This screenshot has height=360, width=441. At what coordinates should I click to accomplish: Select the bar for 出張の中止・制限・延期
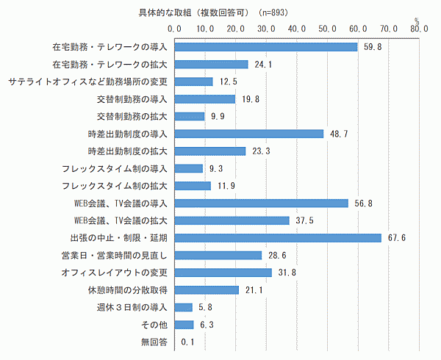click(278, 237)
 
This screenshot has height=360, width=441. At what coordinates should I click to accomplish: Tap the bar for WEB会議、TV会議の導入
click(261, 203)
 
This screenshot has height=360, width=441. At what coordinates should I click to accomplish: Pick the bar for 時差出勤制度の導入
click(249, 134)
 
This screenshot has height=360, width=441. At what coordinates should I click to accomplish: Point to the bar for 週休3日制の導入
click(183, 307)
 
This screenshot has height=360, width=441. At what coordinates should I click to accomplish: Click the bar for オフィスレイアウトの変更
click(223, 273)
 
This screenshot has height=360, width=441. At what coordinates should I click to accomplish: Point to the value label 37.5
click(303, 220)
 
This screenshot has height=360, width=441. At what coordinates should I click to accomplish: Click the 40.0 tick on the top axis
click(297, 28)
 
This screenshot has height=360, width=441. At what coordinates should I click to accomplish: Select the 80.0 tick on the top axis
click(419, 28)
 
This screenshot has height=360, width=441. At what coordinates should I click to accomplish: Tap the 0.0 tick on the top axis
click(175, 28)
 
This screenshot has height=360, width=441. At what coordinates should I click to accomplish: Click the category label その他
click(156, 324)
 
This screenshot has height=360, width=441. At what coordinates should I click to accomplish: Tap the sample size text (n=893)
click(279, 12)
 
